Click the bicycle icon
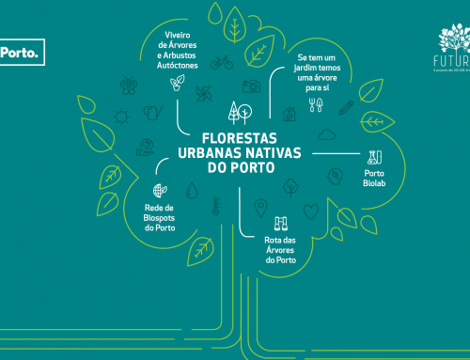click(221, 63)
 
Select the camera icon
click(250, 86)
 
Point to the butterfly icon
click(128, 86)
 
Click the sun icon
click(120, 117)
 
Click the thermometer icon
click(215, 207)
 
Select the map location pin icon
click(261, 207)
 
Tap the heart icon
click(311, 211)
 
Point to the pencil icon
click(346, 107)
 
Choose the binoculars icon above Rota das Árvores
click(280, 224)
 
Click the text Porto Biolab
click(375, 180)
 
